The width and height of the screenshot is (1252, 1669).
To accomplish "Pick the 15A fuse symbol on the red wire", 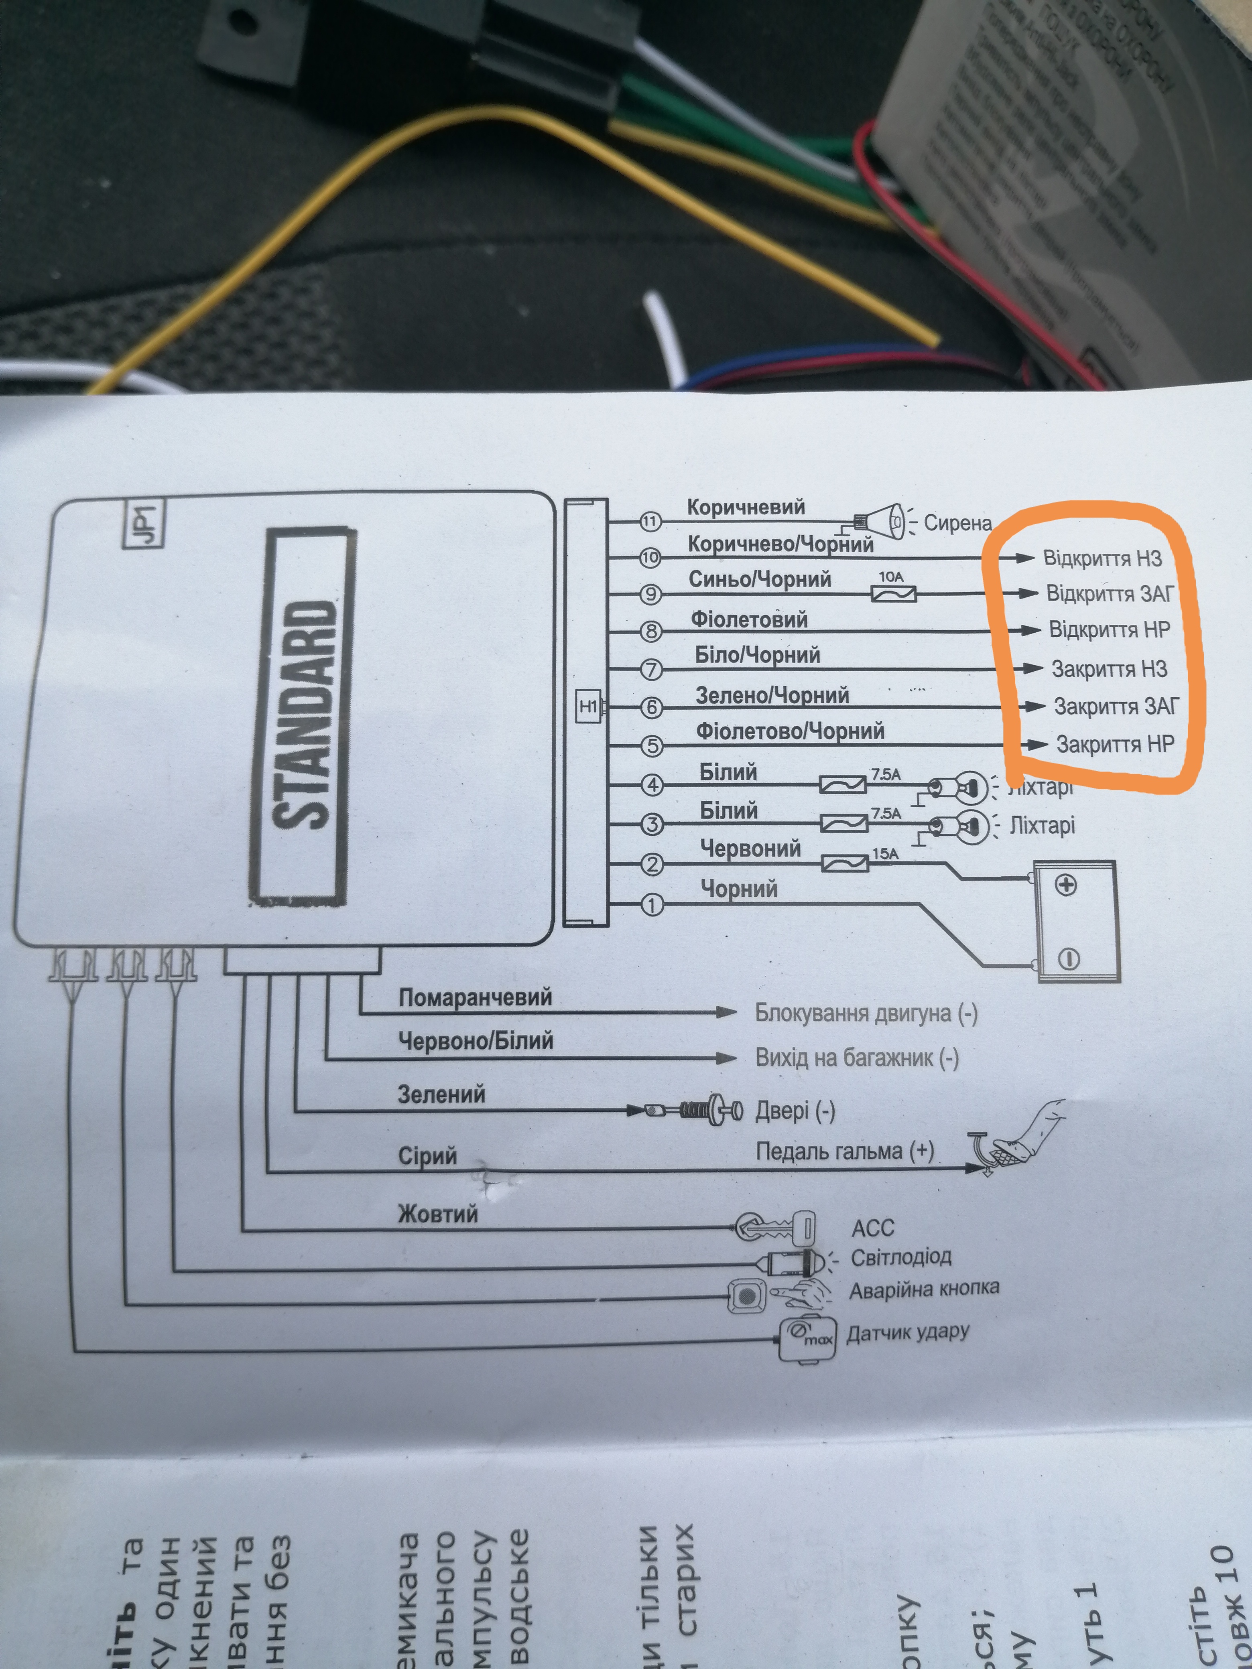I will click(x=844, y=863).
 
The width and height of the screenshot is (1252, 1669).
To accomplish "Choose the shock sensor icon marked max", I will click(x=807, y=1338).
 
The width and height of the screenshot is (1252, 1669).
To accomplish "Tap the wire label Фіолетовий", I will click(x=749, y=620).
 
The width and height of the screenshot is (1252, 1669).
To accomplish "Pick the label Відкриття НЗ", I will click(x=1102, y=559).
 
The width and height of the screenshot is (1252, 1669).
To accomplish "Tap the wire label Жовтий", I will click(x=438, y=1214).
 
